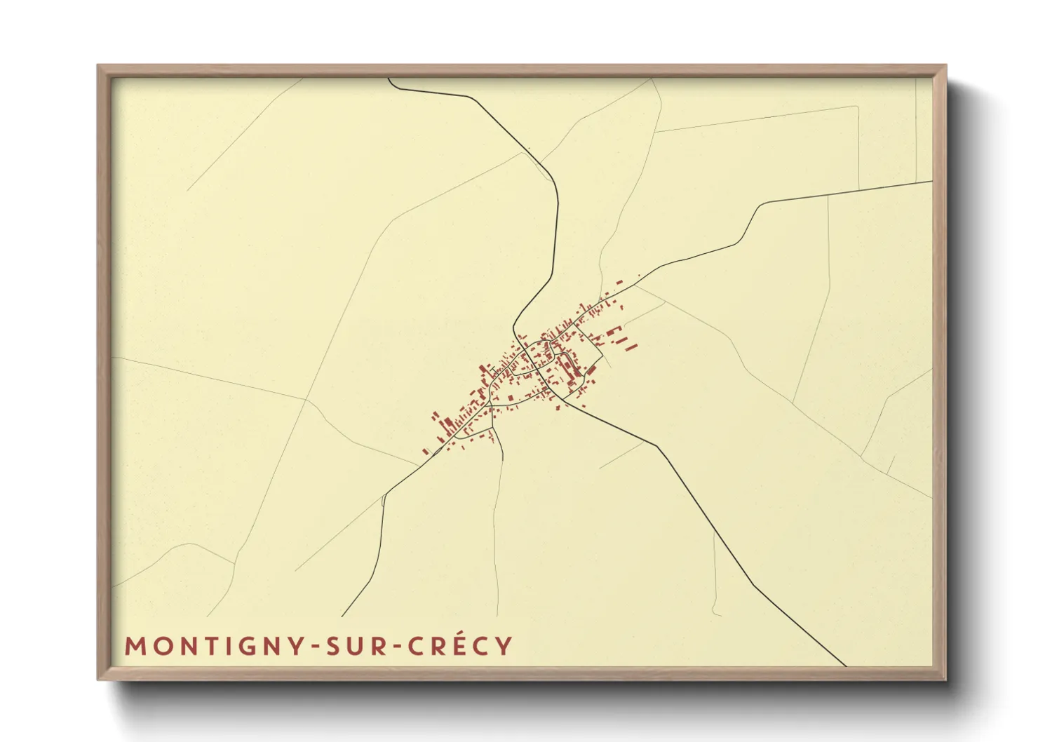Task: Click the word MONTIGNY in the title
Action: pos(213,646)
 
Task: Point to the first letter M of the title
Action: pos(134,646)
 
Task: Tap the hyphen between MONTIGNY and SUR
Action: pos(311,647)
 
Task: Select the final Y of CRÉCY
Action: pos(504,646)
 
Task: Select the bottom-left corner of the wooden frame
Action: pos(99,678)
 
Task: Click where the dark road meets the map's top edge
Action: pos(389,79)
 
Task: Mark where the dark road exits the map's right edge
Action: pos(932,182)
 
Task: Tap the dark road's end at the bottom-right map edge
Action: pos(846,666)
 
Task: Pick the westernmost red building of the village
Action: pos(424,451)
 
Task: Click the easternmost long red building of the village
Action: pos(631,346)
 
